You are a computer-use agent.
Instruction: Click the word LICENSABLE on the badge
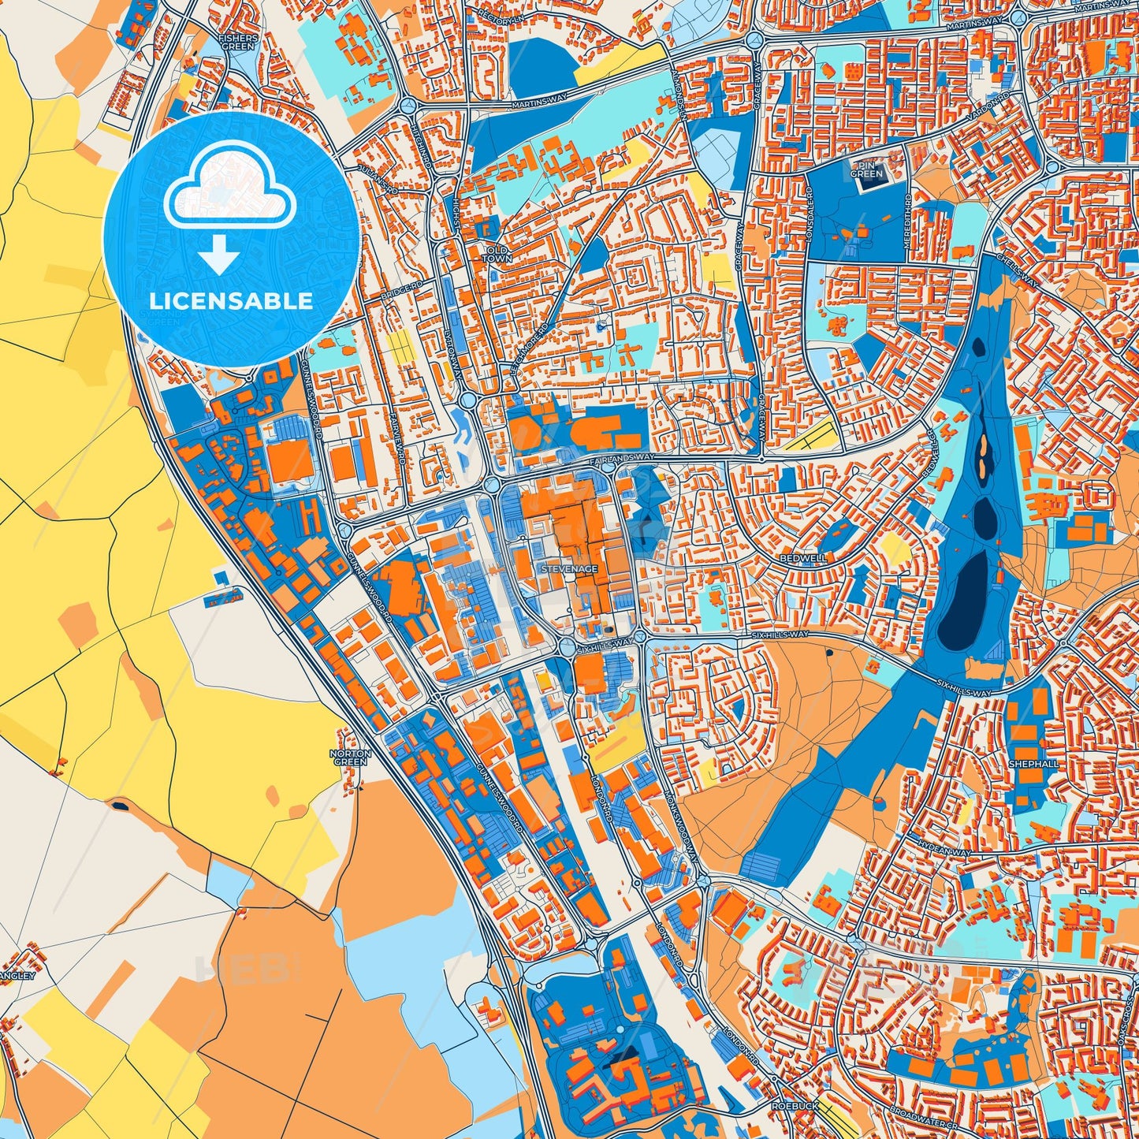[x=231, y=301]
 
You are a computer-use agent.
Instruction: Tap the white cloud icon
[x=230, y=193]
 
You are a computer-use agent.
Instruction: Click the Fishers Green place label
[x=236, y=42]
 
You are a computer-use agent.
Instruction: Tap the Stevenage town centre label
[x=569, y=568]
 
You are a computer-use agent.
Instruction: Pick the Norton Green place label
[x=350, y=757]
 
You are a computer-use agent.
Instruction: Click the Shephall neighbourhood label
[x=1033, y=764]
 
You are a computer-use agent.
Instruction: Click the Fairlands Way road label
[x=623, y=457]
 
